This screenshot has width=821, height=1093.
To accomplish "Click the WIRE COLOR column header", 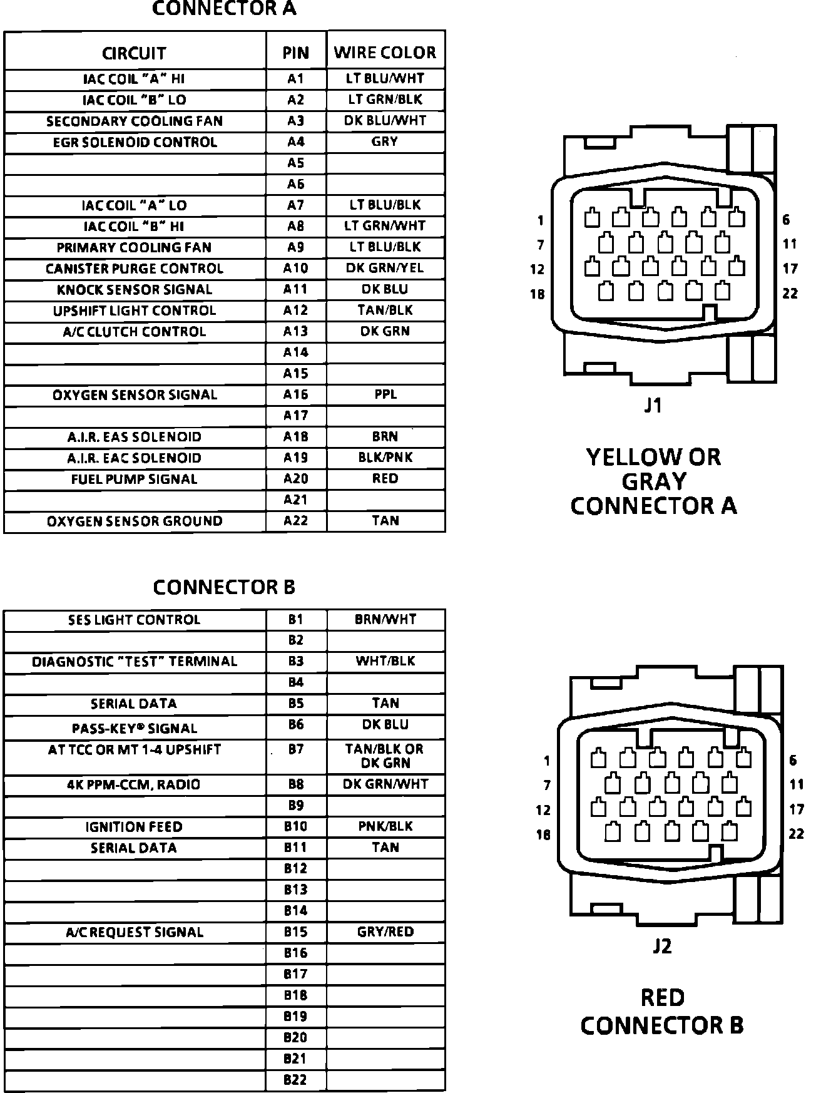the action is click(x=385, y=53).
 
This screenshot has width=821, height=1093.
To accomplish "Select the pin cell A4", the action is click(x=296, y=142).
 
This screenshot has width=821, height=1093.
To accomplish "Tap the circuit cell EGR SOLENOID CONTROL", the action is click(x=135, y=142).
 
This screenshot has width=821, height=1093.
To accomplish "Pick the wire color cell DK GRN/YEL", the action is click(x=385, y=268).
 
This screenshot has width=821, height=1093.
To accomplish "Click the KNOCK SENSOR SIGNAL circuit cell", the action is click(x=135, y=290).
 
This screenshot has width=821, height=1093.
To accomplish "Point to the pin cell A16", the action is click(x=296, y=394).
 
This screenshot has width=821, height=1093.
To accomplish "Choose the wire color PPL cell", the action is click(x=385, y=394).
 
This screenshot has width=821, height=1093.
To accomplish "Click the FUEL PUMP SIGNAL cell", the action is click(x=135, y=479).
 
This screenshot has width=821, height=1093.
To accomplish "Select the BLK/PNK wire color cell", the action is click(x=385, y=458).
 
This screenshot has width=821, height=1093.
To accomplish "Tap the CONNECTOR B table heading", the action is click(x=224, y=587).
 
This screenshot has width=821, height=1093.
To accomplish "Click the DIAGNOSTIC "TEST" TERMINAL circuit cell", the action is click(x=135, y=662).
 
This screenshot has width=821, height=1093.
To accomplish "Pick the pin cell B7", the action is click(x=296, y=749).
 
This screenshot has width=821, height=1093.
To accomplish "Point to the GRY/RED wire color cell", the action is click(x=385, y=931).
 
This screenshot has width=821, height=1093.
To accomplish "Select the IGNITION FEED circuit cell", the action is click(x=135, y=827).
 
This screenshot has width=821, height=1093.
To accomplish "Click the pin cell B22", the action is click(x=296, y=1080).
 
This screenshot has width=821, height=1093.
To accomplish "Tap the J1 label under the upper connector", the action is click(x=653, y=406).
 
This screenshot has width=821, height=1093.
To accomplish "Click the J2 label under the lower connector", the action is click(x=662, y=946).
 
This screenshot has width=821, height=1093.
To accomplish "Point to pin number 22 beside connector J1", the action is click(x=790, y=294).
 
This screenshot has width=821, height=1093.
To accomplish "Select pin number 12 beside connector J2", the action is click(x=543, y=810).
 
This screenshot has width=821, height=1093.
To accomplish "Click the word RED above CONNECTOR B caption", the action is click(x=662, y=997).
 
